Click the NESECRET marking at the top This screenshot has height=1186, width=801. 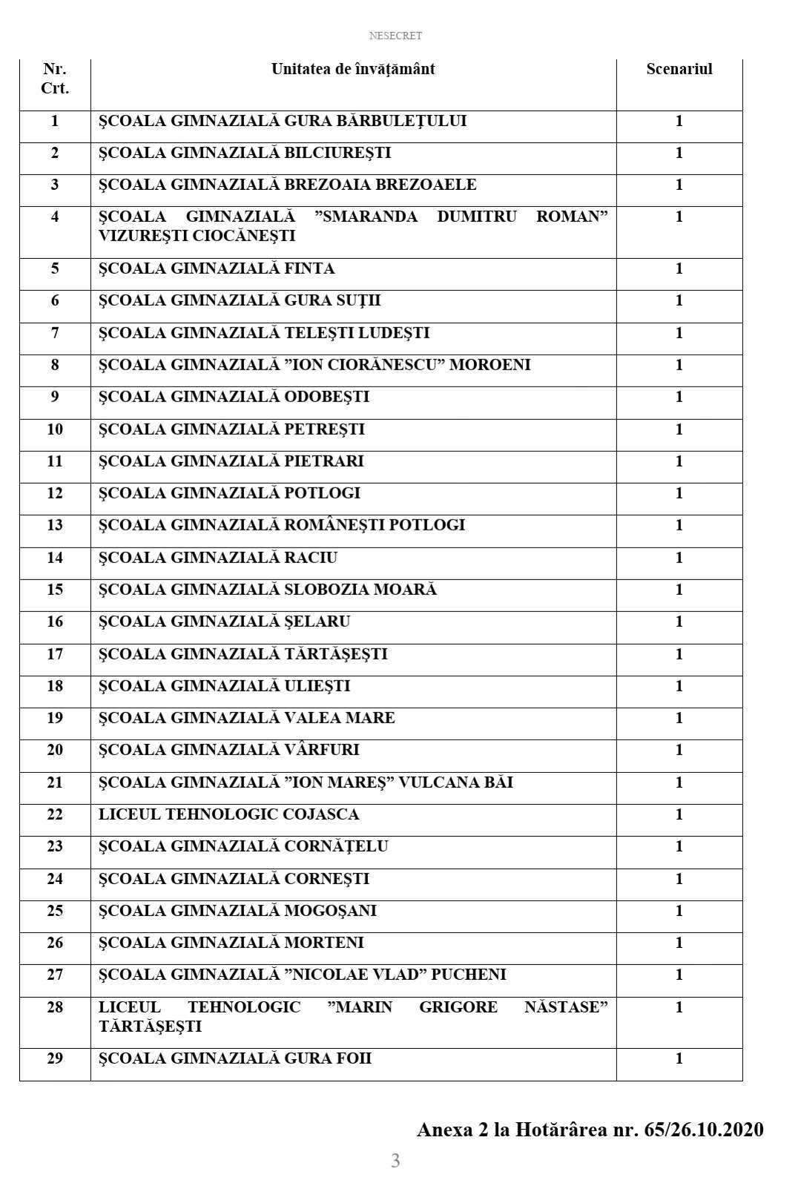395,36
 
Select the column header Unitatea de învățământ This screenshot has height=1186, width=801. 353,69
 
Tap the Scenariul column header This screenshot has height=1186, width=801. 679,69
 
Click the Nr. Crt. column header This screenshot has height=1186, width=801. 55,79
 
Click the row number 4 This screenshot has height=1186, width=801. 55,217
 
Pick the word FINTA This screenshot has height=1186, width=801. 309,269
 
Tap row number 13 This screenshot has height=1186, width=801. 55,525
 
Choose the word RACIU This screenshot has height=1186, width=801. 311,558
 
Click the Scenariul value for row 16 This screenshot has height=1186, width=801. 679,622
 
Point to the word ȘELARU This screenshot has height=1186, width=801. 317,622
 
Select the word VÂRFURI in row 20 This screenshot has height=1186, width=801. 322,750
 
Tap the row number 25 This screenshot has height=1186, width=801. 55,911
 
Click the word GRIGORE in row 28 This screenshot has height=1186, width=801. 458,1007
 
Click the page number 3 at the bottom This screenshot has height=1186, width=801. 395,1161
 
